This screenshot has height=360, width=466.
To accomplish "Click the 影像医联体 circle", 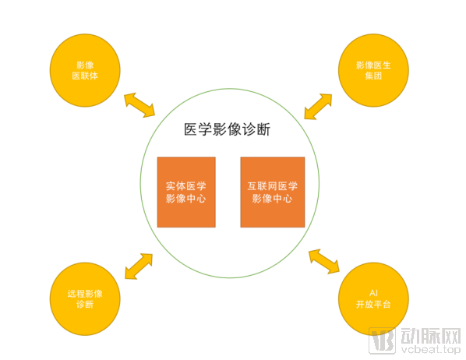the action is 85,70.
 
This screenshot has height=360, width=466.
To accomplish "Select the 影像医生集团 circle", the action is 373,70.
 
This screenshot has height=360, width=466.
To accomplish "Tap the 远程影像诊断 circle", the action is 85,298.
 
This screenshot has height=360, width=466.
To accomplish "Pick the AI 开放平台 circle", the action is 373,298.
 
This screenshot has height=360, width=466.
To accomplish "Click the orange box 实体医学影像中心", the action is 186,192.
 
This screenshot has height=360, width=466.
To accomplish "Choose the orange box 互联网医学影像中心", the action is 273,192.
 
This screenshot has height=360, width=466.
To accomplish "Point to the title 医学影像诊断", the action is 227,129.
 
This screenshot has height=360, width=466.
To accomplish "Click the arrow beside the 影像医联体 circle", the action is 139,105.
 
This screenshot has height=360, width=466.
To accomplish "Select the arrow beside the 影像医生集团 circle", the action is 318,107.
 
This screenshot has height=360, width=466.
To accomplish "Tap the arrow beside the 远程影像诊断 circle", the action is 139,266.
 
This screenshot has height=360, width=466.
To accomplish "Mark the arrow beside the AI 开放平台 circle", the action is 324,261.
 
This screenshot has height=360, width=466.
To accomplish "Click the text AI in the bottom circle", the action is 373,294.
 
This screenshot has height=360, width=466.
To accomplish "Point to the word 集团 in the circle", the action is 373,76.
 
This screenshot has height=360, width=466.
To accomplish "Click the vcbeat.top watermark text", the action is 431,349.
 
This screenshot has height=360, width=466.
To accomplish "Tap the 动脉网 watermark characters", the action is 431,336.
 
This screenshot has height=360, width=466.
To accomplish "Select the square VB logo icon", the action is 382,341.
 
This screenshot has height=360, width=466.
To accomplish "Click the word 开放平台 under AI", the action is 373,305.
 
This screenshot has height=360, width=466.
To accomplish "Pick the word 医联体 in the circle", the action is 85,76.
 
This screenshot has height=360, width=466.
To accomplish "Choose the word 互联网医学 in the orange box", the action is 273,186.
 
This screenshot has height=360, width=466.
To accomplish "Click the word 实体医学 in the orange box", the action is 186,186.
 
